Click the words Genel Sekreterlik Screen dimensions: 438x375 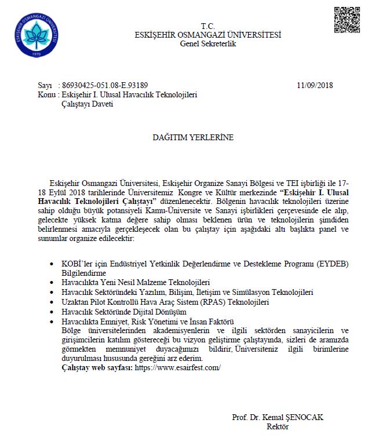point(208,43)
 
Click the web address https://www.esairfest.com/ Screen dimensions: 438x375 point(178,367)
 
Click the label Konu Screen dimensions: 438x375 point(46,94)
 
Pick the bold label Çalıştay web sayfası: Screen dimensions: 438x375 point(97,367)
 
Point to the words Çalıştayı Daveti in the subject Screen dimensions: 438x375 point(87,103)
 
